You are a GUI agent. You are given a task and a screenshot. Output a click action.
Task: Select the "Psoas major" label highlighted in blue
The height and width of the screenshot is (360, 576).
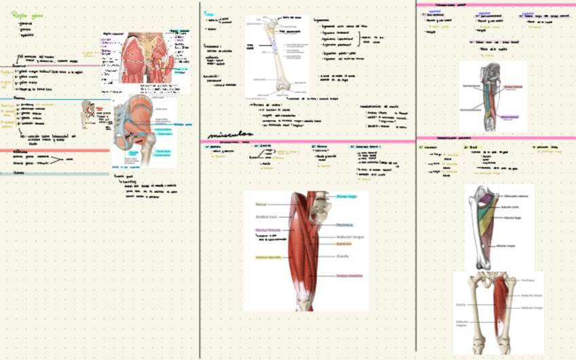coord(345,196)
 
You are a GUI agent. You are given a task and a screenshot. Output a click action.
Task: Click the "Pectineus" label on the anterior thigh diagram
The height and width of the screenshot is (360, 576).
coord(345,224)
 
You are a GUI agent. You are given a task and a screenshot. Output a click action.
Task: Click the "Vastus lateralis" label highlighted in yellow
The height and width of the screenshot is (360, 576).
coord(268,257)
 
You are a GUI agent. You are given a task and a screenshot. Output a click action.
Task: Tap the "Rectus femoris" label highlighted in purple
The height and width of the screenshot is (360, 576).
coord(268,230)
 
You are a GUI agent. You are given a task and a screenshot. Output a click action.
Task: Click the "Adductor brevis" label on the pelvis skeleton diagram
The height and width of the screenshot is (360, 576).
coord(532,295)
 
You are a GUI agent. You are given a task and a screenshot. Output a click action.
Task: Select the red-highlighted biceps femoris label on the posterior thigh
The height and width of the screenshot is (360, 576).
coord(514,87)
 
